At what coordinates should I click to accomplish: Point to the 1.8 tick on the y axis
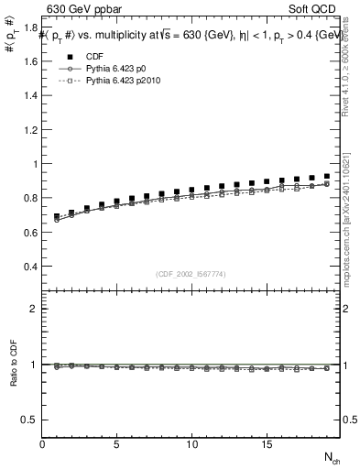click(x=29, y=27)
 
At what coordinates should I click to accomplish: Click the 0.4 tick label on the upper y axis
click(x=29, y=267)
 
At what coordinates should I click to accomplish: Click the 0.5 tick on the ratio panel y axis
click(x=29, y=420)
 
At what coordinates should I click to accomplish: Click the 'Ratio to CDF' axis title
click(x=13, y=377)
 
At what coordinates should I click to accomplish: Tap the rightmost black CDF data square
click(x=326, y=176)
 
